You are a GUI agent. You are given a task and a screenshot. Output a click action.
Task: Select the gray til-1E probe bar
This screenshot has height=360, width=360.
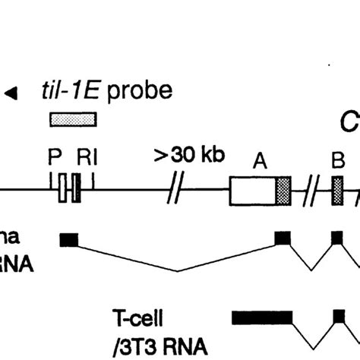point(73,119)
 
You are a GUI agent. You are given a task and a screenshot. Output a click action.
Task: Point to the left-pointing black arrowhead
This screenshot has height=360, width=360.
point(11,93)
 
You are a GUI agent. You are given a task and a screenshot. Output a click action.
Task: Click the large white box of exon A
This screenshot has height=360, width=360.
point(252,191)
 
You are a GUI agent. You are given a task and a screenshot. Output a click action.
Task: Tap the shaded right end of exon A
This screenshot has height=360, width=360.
point(283,191)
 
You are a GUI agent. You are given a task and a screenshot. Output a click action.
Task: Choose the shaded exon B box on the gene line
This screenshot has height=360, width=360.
point(337,191)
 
